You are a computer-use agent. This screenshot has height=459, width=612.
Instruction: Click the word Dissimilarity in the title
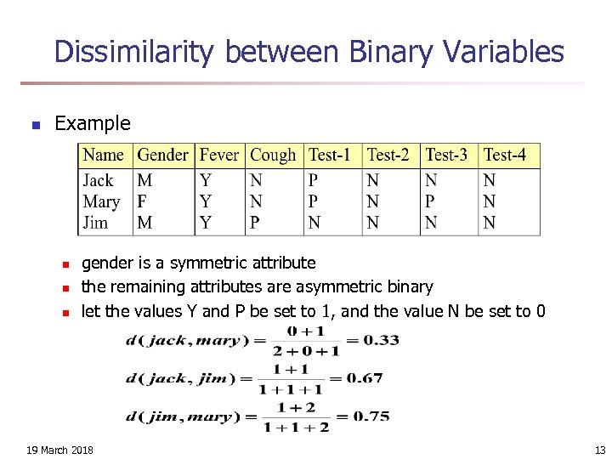(x=136, y=53)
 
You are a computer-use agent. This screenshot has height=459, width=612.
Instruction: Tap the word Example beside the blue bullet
(x=93, y=123)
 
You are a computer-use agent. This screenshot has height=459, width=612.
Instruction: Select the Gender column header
(x=162, y=156)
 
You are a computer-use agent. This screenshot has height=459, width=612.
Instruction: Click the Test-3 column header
(x=446, y=156)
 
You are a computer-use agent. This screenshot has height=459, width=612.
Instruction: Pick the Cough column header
(x=273, y=156)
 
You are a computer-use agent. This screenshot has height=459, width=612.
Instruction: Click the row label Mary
(x=101, y=202)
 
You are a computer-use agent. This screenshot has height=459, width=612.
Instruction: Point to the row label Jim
(x=95, y=223)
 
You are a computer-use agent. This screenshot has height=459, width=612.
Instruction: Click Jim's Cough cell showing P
(x=255, y=223)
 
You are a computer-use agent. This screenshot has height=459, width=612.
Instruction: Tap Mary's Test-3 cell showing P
(x=430, y=202)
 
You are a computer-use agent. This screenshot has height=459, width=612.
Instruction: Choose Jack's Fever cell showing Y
(x=206, y=181)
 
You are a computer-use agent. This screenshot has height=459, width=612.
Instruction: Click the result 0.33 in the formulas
(x=381, y=341)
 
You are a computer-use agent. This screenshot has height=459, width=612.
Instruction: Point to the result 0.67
(x=365, y=378)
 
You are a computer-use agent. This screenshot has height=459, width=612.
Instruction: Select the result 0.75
(x=371, y=416)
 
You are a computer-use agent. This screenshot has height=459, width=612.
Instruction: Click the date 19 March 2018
(x=60, y=450)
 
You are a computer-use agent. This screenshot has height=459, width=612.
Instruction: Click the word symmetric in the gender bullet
(x=187, y=263)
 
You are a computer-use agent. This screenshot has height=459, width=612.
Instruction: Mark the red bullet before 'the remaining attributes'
(x=64, y=288)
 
